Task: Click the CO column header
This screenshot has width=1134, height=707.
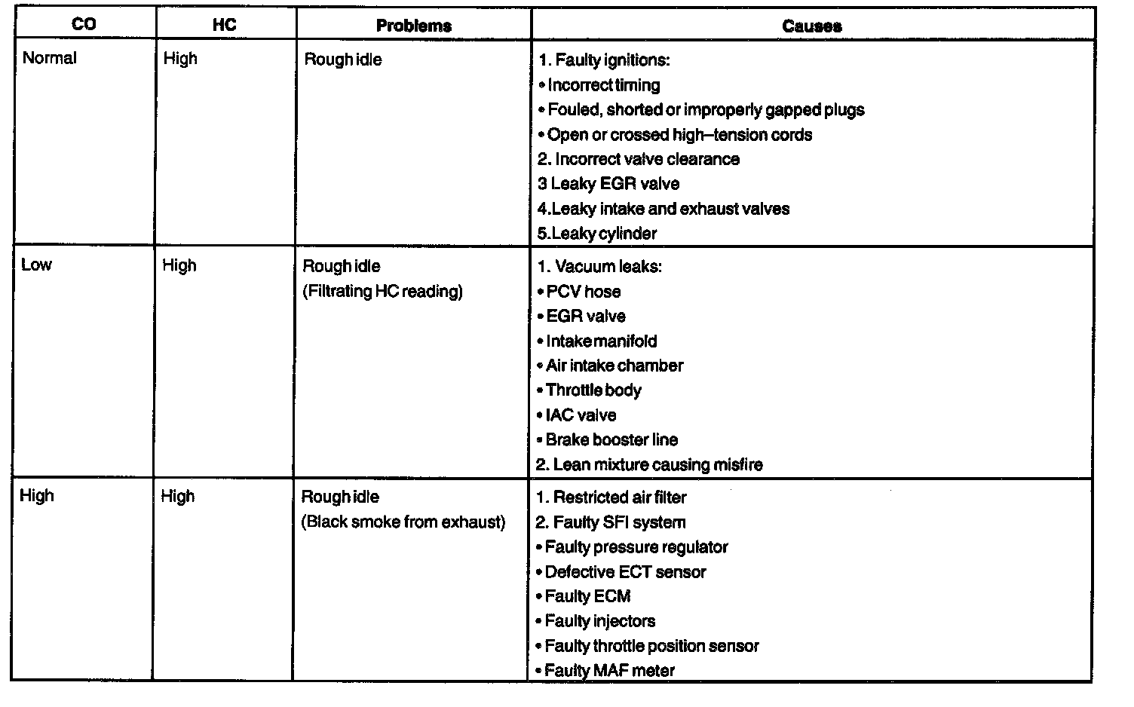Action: coord(84,24)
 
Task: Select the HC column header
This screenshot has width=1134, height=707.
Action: coord(224,24)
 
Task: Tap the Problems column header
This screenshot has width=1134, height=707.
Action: coord(413,26)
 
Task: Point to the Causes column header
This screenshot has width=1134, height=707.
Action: coord(811,26)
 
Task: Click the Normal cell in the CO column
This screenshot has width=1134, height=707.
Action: coord(50,58)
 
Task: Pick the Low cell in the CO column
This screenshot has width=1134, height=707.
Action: coord(36,265)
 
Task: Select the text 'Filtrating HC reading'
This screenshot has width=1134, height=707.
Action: coord(382,291)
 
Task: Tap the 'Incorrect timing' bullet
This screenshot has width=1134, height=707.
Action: coord(603,85)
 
